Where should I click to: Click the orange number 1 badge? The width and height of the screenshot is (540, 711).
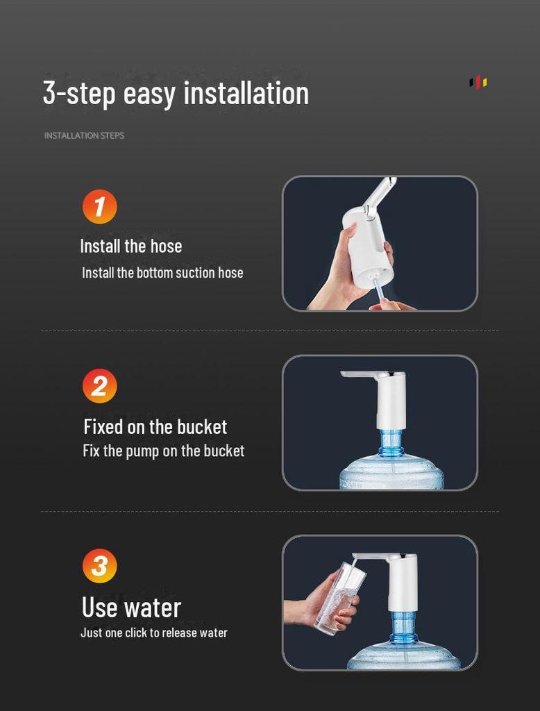(100, 206)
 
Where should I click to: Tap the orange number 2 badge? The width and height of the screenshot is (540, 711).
(100, 386)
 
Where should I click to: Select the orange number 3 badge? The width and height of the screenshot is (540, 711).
(100, 566)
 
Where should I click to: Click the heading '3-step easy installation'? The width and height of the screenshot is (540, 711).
(176, 94)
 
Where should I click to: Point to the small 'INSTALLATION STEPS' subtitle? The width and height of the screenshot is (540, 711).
(85, 135)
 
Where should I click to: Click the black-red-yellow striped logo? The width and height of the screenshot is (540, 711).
(478, 82)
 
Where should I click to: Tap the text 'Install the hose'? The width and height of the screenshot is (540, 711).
(131, 246)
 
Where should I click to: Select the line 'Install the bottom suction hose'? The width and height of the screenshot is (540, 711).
(162, 272)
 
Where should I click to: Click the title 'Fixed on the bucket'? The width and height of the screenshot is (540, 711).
(155, 427)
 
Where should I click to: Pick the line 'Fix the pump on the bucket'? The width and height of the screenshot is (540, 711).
(164, 451)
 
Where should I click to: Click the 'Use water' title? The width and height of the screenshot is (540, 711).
(131, 607)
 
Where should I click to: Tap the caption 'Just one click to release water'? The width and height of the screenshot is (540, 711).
(153, 633)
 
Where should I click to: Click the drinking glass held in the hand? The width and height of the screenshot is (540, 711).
(339, 598)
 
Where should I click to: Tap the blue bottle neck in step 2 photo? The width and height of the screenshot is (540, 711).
(390, 444)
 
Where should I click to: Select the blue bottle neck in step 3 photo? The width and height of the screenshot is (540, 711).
(403, 626)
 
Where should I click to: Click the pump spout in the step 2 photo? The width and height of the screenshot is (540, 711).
(360, 374)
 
